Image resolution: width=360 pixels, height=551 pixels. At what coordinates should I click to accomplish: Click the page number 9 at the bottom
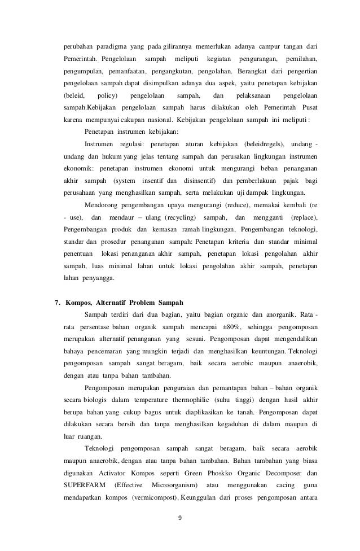(179, 531)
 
